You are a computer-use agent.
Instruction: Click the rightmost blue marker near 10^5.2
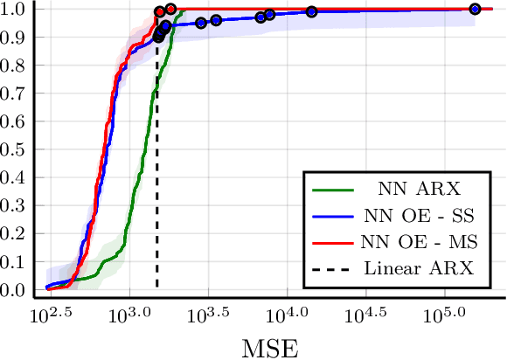(475, 9)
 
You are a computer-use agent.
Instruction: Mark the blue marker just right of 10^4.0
(311, 11)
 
